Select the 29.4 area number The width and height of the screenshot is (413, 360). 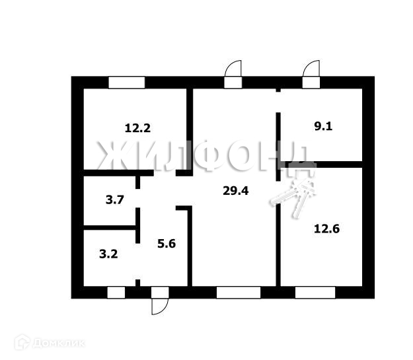coord(236,192)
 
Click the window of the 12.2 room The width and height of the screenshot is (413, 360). coord(126,83)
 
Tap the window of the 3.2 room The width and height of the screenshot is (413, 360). coord(116,293)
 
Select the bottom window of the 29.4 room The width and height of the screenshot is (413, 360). coord(238,293)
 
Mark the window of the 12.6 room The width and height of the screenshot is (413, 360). coord(315,293)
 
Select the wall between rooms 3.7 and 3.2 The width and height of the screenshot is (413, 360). coord(109,228)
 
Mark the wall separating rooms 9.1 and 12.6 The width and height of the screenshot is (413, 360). coord(324,164)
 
